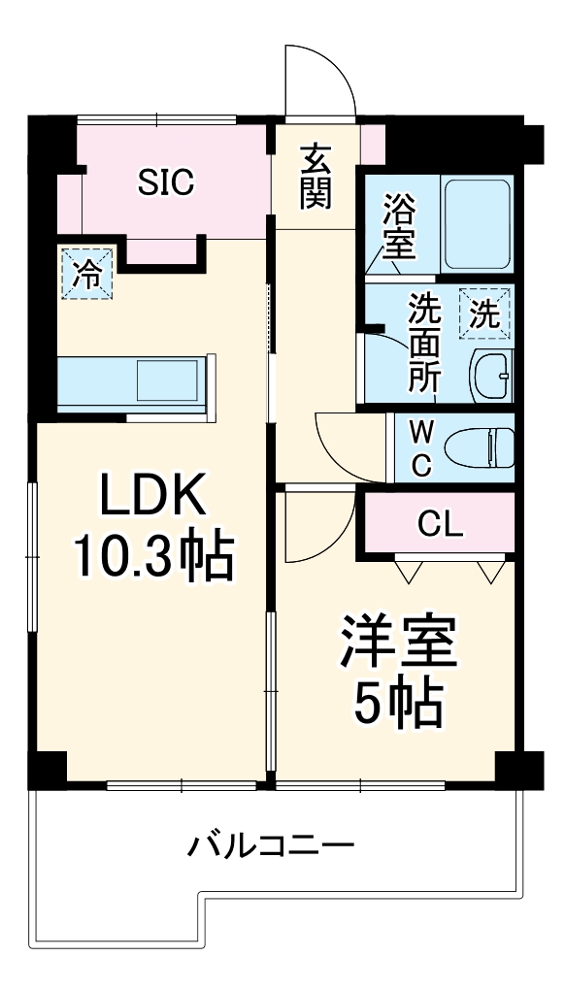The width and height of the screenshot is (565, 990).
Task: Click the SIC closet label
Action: (x=165, y=181)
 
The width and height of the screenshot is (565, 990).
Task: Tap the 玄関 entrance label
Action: (x=316, y=178)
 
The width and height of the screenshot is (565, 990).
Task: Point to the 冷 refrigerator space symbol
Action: (x=86, y=273)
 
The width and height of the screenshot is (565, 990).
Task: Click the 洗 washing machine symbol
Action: (x=483, y=313)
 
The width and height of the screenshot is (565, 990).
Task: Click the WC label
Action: (x=420, y=447)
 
